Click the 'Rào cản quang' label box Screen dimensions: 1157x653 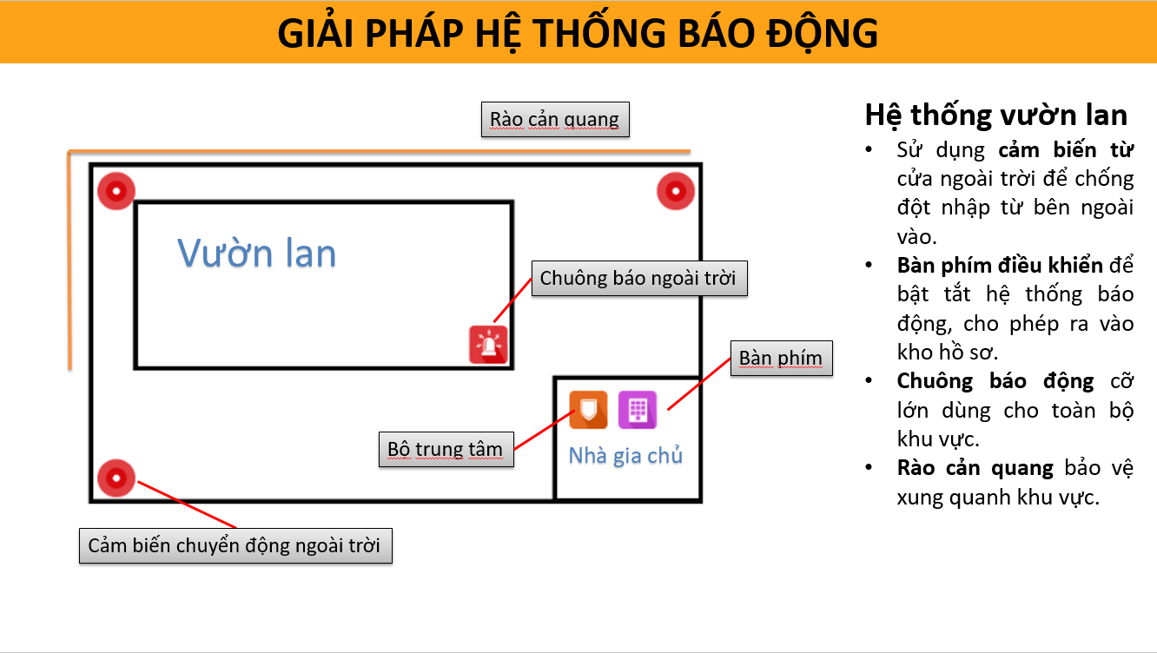pyautogui.click(x=555, y=119)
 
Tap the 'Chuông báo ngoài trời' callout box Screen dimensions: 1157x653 pyautogui.click(x=639, y=278)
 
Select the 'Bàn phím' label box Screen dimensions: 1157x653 pyautogui.click(x=782, y=359)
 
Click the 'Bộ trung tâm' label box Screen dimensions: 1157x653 pyautogui.click(x=446, y=450)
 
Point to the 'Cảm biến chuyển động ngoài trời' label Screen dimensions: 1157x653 pyautogui.click(x=235, y=545)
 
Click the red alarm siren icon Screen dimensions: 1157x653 pyautogui.click(x=488, y=345)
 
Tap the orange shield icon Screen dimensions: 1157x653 pyautogui.click(x=588, y=410)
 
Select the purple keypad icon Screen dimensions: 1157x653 pyautogui.click(x=638, y=410)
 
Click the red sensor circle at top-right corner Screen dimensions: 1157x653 pyautogui.click(x=676, y=192)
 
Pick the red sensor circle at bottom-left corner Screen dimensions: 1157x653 pyautogui.click(x=116, y=478)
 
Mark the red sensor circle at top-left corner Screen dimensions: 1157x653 pyautogui.click(x=116, y=191)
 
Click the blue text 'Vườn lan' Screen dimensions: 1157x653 pyautogui.click(x=257, y=253)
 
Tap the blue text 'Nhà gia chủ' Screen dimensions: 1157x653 pyautogui.click(x=625, y=456)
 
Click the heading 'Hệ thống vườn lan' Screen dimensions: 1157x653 pyautogui.click(x=995, y=115)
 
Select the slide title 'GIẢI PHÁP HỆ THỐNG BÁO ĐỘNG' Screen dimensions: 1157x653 pyautogui.click(x=578, y=33)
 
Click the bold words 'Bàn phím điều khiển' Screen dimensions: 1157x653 pyautogui.click(x=1000, y=266)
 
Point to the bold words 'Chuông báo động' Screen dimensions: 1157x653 pyautogui.click(x=995, y=381)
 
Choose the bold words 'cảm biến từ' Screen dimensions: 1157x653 pyautogui.click(x=1066, y=149)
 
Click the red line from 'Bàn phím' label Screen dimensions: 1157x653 pyautogui.click(x=699, y=384)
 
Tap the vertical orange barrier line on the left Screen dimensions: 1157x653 pyautogui.click(x=69, y=261)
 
